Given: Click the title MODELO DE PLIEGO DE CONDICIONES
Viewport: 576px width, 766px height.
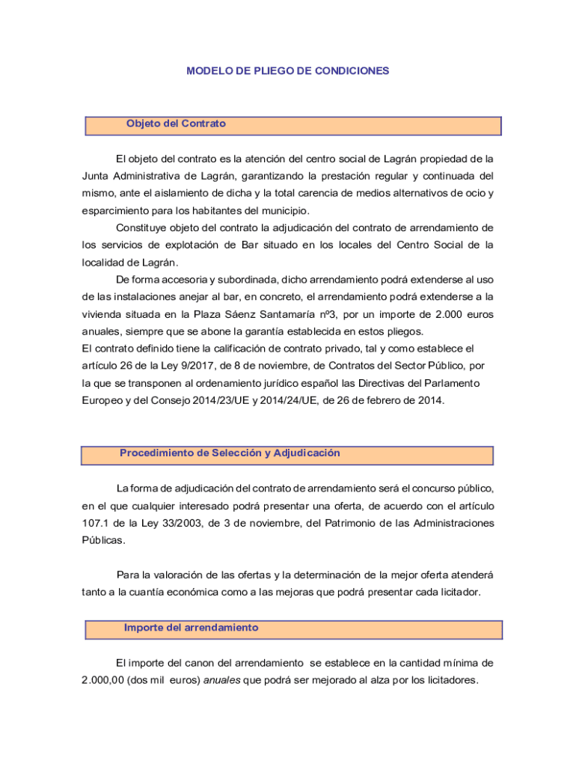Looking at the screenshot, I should tap(288, 71).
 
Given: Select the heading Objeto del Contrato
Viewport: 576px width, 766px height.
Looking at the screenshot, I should tap(176, 123).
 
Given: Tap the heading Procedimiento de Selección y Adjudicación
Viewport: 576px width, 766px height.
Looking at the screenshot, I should tap(230, 453).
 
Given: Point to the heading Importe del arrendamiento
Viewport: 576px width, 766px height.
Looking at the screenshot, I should tap(191, 628).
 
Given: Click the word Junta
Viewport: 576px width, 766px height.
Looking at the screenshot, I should tap(96, 177).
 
